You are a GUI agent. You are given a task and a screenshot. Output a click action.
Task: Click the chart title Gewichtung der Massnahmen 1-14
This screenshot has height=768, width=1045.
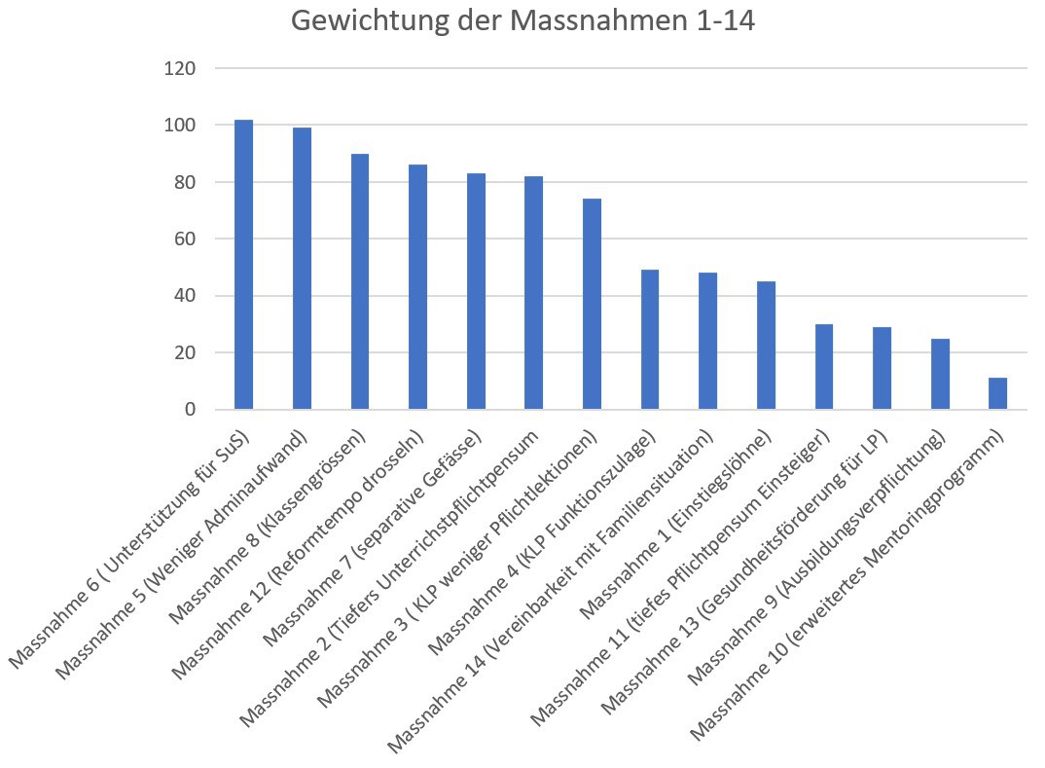(522, 21)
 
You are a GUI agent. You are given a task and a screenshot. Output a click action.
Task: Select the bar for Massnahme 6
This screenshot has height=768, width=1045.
(243, 265)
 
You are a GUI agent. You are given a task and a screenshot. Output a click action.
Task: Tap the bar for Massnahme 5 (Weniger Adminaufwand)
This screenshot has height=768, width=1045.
(302, 269)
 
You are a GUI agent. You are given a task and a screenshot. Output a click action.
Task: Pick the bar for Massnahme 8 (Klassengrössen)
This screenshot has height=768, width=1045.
(360, 281)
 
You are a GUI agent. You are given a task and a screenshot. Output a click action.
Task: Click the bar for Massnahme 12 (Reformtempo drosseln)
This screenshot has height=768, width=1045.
(417, 287)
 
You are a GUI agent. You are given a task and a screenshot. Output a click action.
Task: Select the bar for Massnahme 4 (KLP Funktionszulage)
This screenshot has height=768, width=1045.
(650, 340)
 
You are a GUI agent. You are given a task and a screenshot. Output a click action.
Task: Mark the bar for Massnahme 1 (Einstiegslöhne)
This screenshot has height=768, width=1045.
(766, 346)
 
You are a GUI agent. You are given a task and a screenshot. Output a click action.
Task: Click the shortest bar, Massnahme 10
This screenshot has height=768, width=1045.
(997, 393)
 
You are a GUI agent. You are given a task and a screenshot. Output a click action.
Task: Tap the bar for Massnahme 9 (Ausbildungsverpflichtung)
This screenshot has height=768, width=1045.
(940, 374)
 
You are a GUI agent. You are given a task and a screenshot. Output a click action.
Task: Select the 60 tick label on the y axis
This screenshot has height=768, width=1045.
(185, 239)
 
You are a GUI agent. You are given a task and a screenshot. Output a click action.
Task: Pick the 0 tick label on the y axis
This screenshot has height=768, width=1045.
(190, 410)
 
